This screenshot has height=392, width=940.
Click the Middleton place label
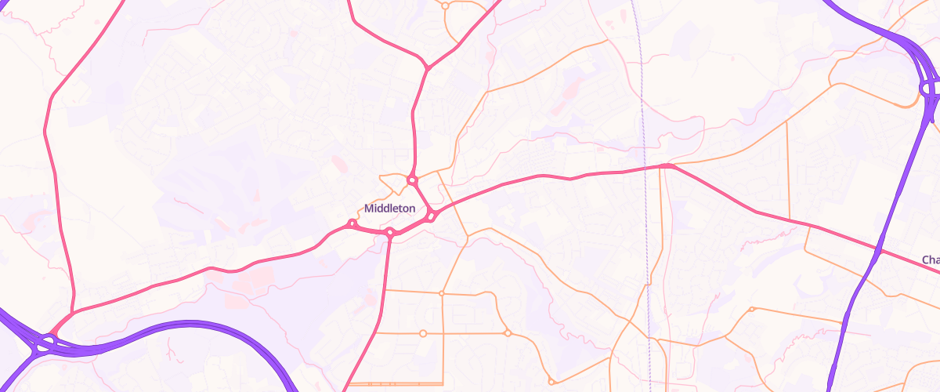[390, 209]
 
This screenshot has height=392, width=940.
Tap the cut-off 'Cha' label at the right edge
[930, 260]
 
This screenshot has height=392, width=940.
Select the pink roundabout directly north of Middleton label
[412, 180]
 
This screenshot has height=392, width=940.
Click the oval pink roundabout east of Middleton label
[432, 216]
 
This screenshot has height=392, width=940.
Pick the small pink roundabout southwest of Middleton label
[352, 224]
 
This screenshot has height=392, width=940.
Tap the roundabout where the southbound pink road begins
[389, 232]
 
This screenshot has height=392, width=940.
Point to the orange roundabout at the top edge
[445, 5]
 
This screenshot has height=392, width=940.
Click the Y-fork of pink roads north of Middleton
[427, 69]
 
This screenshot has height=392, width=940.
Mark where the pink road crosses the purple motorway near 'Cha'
[879, 251]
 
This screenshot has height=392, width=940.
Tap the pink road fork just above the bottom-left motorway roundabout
[73, 314]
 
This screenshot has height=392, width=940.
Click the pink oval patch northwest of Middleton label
[339, 163]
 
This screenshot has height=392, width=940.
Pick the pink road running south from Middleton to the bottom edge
[376, 314]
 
